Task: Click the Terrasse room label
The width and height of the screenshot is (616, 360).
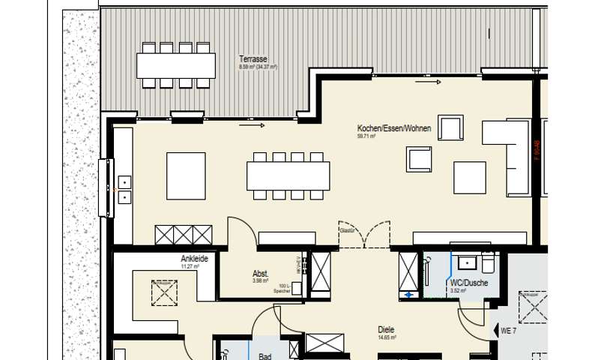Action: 253,58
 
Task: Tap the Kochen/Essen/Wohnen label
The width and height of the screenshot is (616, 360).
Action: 393,129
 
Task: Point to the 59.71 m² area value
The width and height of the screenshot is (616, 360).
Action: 366,137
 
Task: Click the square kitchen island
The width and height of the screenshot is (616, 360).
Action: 185,175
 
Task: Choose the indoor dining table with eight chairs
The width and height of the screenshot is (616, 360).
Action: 289,175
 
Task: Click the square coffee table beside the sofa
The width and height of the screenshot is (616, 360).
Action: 469,177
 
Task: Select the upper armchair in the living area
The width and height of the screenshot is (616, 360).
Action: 451,128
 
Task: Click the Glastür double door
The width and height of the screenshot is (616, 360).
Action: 363,235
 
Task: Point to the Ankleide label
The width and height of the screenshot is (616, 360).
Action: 193,259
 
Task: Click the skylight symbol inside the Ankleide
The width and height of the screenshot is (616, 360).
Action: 164,292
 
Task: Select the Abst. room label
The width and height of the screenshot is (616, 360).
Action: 260,274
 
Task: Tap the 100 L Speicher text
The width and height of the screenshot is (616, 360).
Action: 282,288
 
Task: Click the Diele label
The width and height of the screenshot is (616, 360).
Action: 387,329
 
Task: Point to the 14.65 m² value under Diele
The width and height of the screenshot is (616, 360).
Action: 387,337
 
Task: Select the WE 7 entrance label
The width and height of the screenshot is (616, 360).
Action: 508,330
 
